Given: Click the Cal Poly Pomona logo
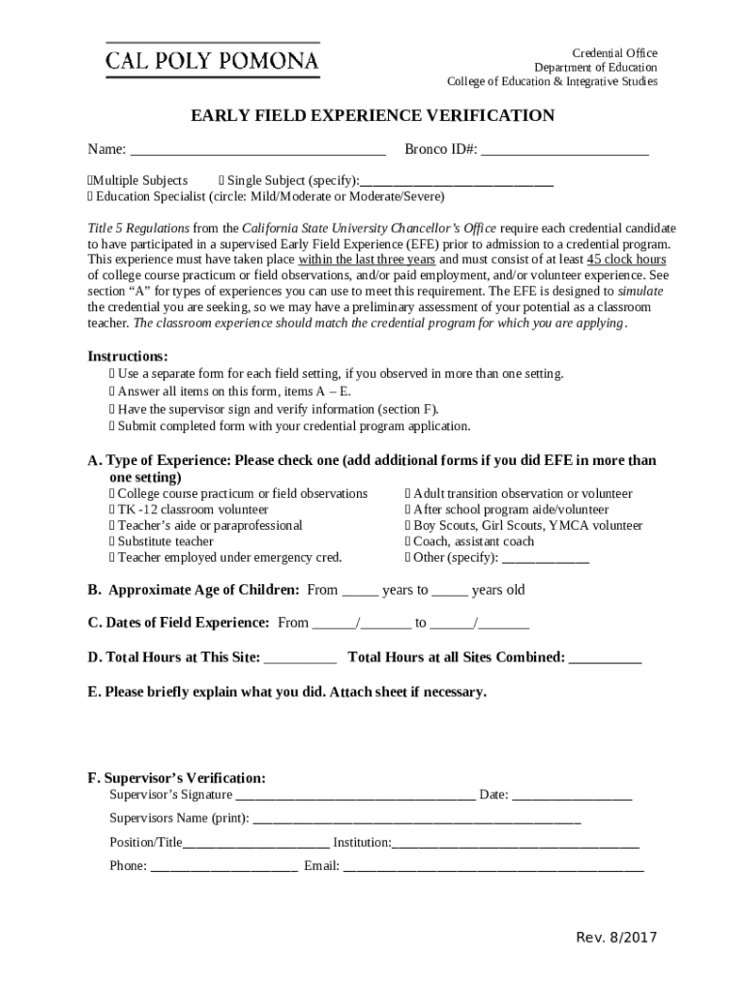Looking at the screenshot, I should click(212, 61).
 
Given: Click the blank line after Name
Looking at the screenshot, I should click(257, 151).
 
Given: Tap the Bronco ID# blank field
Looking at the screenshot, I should click(564, 151).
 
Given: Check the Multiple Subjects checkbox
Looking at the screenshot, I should click(90, 181).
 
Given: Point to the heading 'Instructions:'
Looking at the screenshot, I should click(128, 356).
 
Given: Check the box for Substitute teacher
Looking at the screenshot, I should click(112, 541).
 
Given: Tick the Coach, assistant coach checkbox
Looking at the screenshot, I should click(408, 541).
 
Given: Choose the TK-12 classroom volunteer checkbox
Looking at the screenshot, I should click(112, 510).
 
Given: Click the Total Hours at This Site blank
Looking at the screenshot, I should click(300, 659).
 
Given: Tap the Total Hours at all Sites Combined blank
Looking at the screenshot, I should click(605, 659).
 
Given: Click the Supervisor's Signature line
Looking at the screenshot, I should click(355, 797).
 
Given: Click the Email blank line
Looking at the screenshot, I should click(492, 867).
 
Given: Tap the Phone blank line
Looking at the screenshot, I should click(223, 867).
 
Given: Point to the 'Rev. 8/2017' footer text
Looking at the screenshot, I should click(616, 938).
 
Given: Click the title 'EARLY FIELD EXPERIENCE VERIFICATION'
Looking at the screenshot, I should click(372, 116).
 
